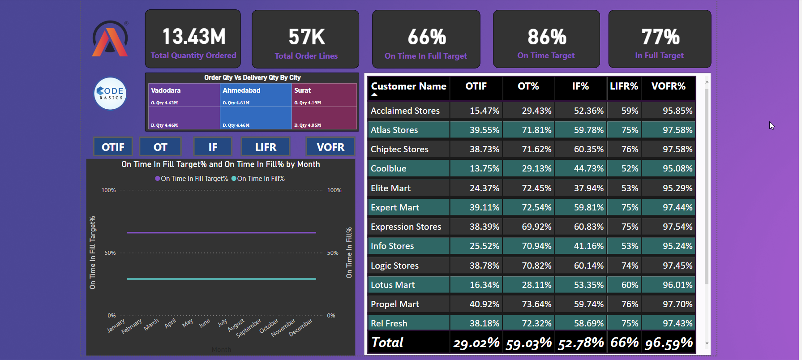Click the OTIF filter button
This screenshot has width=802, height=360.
click(113, 147)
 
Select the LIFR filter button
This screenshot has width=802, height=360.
click(266, 147)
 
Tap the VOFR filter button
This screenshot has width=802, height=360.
click(330, 147)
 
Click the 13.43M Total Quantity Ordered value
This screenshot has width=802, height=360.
click(193, 37)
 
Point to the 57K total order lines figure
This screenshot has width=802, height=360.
click(306, 37)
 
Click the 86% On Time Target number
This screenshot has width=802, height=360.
click(546, 37)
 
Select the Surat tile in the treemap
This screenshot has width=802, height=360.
click(324, 107)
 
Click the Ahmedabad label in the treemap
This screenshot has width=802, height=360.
click(241, 90)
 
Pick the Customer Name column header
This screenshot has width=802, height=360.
click(408, 86)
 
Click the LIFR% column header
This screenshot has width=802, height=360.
click(624, 86)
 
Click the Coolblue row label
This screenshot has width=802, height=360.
click(388, 169)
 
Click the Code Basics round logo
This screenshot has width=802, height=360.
click(110, 94)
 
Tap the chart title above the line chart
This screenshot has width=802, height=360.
click(220, 164)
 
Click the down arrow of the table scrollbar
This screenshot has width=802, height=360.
click(707, 343)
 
